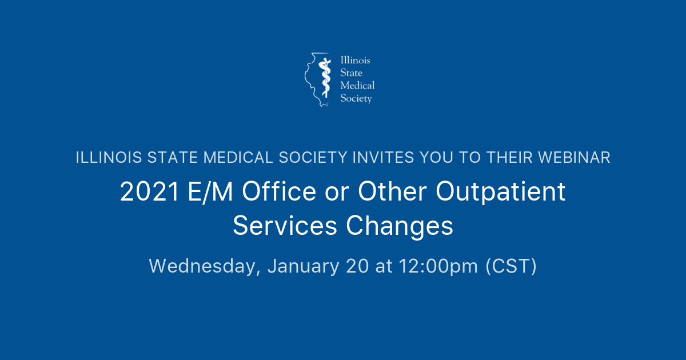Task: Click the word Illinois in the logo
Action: click(356, 61)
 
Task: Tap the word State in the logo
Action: click(350, 73)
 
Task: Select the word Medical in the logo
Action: click(357, 86)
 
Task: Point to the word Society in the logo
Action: click(356, 98)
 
